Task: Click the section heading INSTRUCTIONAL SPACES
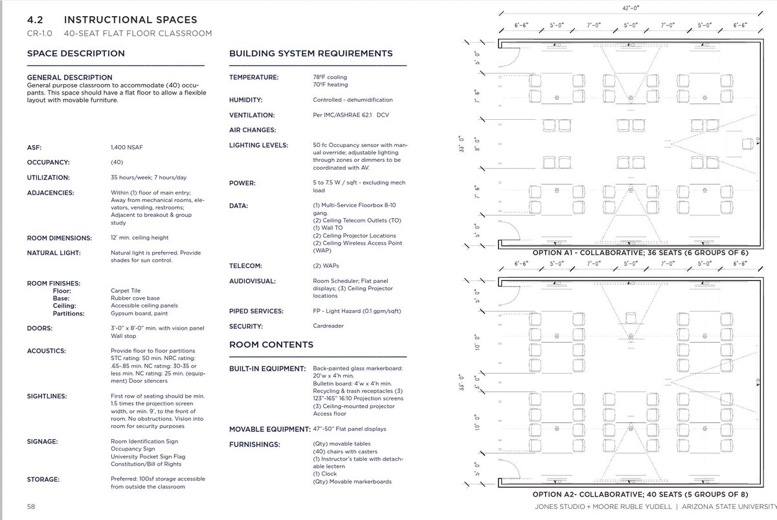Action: tap(139, 21)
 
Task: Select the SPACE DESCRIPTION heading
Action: tap(76, 54)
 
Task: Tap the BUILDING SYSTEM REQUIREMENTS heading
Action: tap(311, 54)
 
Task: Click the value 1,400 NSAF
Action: tap(127, 147)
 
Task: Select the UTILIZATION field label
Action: tap(49, 177)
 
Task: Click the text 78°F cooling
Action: tap(330, 77)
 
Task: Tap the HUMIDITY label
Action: tap(247, 100)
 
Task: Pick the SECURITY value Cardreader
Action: tap(328, 326)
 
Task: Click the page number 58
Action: tap(32, 505)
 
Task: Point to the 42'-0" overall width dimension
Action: tap(627, 8)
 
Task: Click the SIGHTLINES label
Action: tap(48, 396)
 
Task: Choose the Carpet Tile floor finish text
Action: tap(125, 291)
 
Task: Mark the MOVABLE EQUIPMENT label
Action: tap(267, 429)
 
